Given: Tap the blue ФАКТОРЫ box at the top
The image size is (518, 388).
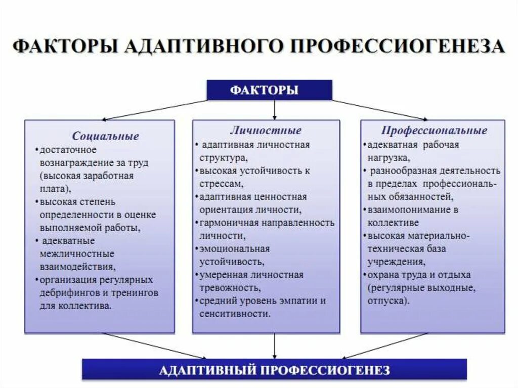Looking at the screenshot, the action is (x=269, y=91).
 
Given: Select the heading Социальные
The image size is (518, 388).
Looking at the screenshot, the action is (x=105, y=136).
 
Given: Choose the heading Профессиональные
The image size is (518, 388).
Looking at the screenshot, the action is (x=434, y=131).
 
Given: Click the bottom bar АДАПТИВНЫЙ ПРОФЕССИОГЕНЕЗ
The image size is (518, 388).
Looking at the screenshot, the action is (x=274, y=369).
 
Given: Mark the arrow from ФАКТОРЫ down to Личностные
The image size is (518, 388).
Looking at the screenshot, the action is (x=274, y=109).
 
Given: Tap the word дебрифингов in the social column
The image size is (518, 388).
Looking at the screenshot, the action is (x=63, y=293).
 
